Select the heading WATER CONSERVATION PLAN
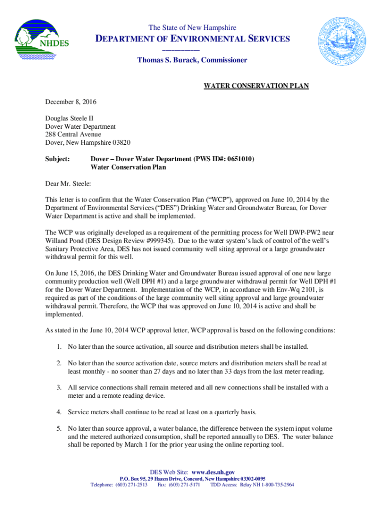point(256,86)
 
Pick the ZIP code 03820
point(120,142)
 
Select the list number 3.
point(58,387)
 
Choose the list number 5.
point(58,428)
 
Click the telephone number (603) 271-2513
point(131,485)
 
